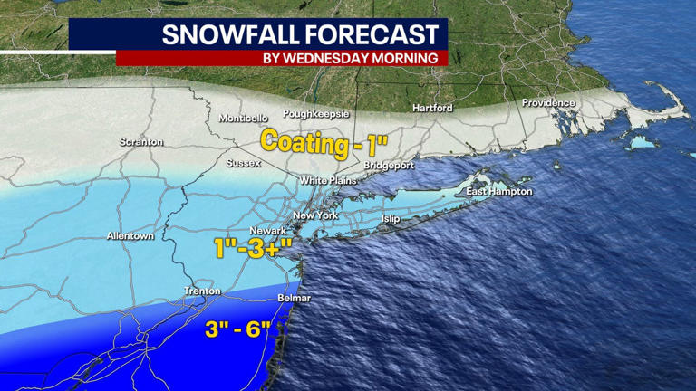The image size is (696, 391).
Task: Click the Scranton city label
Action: pyautogui.click(x=141, y=142)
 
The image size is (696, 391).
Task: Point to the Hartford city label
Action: pyautogui.click(x=431, y=108)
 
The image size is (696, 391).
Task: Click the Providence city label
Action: pyautogui.click(x=548, y=103)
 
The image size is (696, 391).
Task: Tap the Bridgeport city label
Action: pyautogui.click(x=389, y=167)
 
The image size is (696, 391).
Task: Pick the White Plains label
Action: pyautogui.click(x=325, y=181)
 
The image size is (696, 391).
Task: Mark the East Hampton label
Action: pyautogui.click(x=498, y=192)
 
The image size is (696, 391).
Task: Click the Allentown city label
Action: pyautogui.click(x=130, y=236)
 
